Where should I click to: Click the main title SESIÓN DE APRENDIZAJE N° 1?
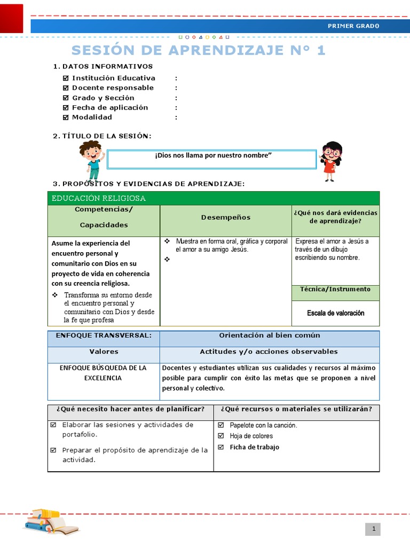tap(198, 50)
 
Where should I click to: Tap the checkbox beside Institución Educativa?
tap(66, 78)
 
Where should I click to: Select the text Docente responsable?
tap(113, 88)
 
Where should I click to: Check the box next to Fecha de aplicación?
tap(66, 107)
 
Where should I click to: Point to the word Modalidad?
tap(92, 117)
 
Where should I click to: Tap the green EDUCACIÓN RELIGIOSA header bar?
tap(213, 198)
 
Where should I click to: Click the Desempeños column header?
tap(225, 217)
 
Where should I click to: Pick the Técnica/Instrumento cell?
tap(335, 289)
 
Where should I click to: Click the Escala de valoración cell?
tap(335, 313)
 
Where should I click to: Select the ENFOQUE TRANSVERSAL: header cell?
tap(104, 335)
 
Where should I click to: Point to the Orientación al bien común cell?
tap(270, 335)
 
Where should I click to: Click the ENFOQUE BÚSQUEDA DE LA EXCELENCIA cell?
tap(103, 373)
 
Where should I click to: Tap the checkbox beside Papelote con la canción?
tap(221, 425)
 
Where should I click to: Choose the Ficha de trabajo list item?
tap(254, 447)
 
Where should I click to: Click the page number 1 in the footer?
tap(374, 529)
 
